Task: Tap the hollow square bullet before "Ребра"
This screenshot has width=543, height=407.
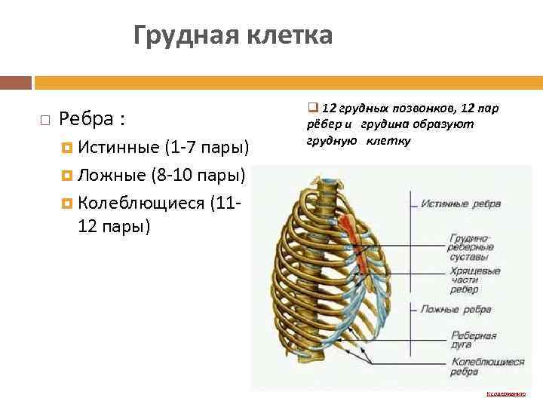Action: [x=45, y=120]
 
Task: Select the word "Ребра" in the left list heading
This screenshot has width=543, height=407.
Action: [x=85, y=119]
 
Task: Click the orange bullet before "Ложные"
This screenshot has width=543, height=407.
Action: [x=67, y=175]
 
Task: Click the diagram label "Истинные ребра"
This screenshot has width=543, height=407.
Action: [x=456, y=204]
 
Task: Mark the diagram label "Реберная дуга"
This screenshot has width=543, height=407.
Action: [x=473, y=339]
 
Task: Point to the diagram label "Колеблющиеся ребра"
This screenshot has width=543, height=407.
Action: [x=487, y=366]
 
